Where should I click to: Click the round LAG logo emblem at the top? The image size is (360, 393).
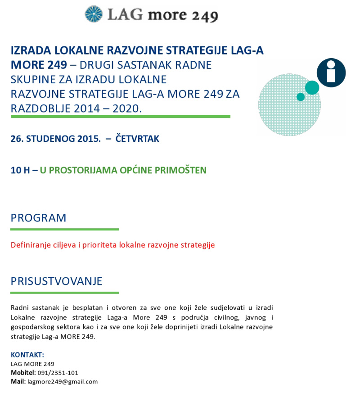[94, 14]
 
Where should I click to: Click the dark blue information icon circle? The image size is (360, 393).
[331, 72]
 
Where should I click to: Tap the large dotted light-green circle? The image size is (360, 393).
[289, 104]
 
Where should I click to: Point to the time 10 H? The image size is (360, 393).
[21, 170]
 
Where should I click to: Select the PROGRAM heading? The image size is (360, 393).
[38, 218]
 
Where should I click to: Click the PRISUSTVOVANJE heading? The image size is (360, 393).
[56, 281]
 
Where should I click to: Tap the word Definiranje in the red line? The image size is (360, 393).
[28, 245]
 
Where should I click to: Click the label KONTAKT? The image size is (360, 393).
[27, 355]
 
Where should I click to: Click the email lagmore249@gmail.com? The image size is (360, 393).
[63, 382]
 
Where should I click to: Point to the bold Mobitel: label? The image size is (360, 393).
[23, 373]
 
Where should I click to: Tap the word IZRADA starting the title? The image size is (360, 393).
[29, 50]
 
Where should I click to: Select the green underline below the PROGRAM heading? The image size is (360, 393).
[64, 229]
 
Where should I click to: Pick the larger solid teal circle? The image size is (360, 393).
[311, 88]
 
